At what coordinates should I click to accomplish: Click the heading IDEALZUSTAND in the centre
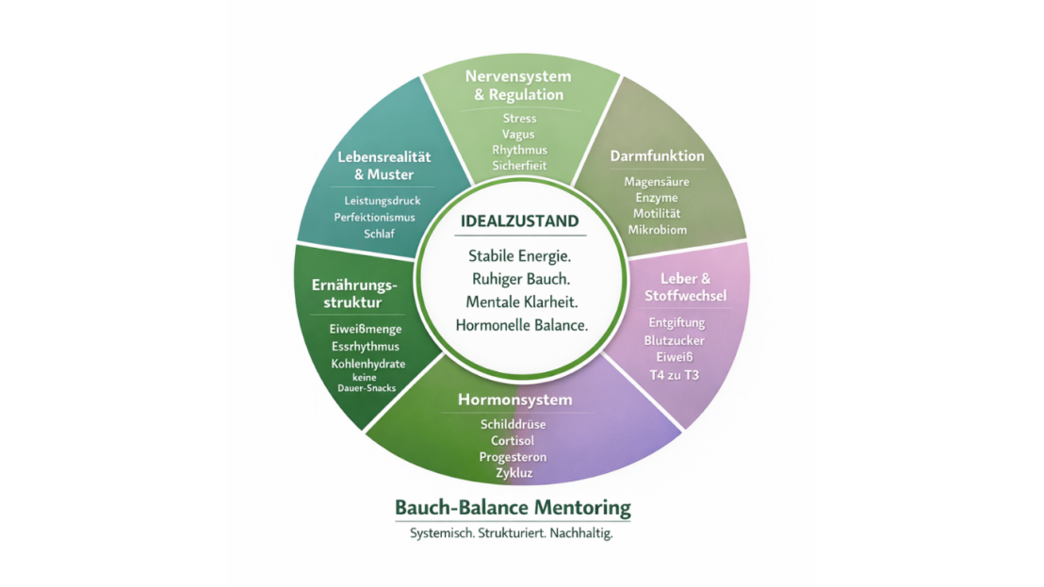[x=519, y=221]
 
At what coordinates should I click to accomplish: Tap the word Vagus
[x=519, y=134]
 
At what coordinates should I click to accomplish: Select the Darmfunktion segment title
[x=657, y=155]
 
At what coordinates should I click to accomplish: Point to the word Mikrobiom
[x=657, y=229]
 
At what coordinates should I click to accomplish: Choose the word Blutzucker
[x=676, y=339]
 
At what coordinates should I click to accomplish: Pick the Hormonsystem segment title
[x=514, y=399]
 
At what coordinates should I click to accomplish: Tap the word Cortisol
[x=513, y=440]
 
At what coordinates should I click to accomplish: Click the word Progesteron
[x=513, y=456]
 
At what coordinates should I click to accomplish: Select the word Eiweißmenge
[x=367, y=329]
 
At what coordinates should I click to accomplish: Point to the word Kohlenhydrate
[x=367, y=364]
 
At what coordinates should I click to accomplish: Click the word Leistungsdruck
[x=382, y=201]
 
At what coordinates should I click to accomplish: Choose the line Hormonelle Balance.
[x=521, y=325]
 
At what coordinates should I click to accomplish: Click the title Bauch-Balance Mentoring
[x=513, y=508]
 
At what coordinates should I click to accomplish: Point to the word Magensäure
[x=657, y=181]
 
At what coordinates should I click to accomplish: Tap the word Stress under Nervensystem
[x=519, y=118]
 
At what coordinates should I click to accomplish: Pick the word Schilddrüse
[x=513, y=424]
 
